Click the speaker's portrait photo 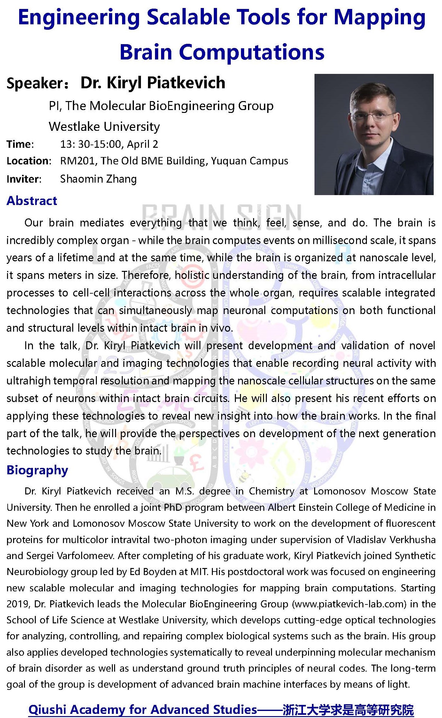[374, 134]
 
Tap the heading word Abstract [32, 201]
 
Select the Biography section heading [37, 470]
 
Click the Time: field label [20, 144]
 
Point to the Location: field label [29, 161]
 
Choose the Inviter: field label [24, 179]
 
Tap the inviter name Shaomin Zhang [98, 179]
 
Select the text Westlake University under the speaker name [104, 127]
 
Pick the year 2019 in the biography [18, 604]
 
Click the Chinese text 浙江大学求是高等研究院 [348, 710]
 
